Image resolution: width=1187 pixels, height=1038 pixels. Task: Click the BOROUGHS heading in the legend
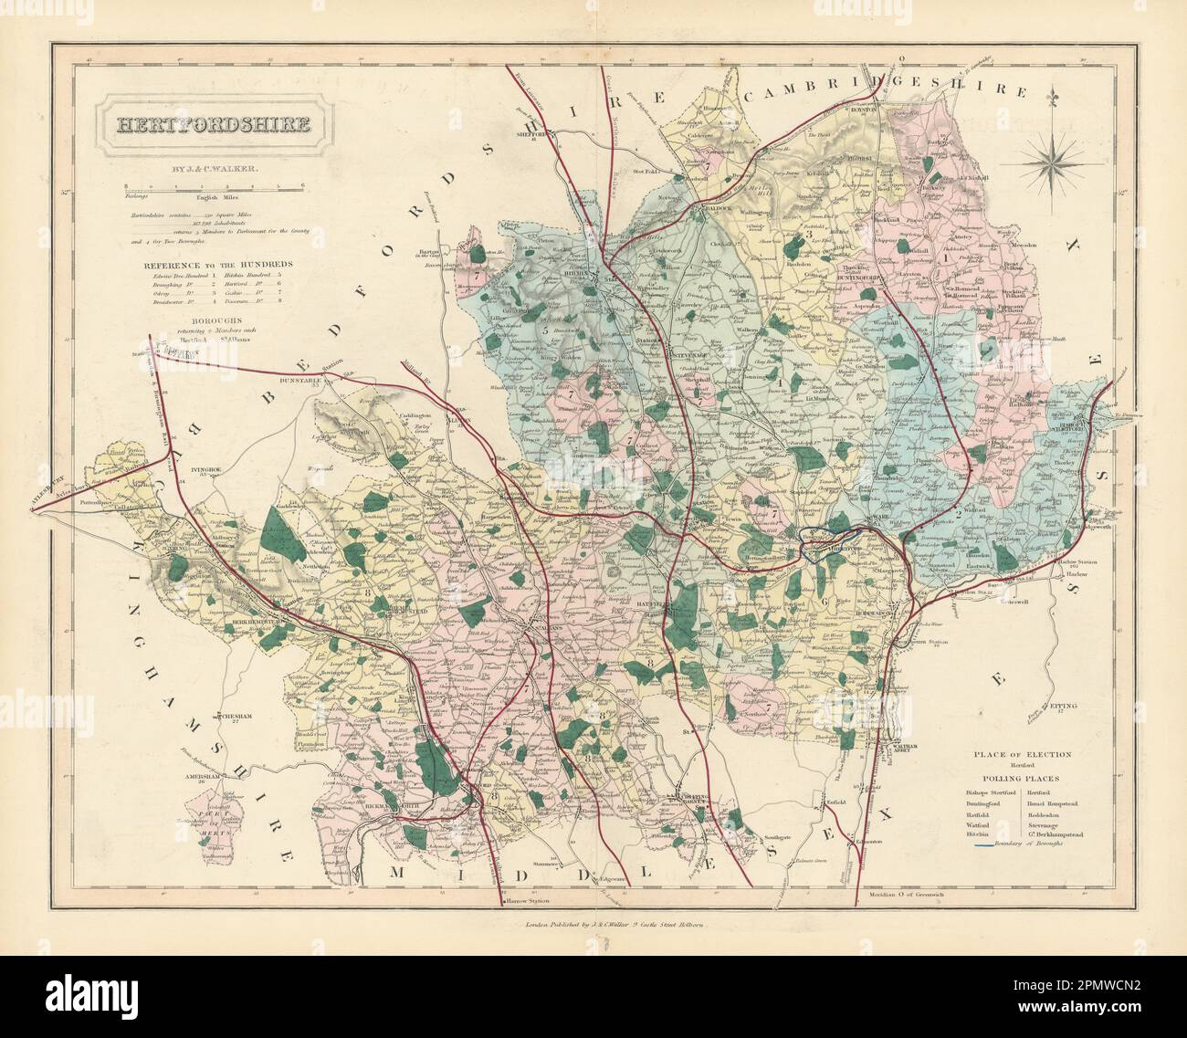[203, 321]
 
